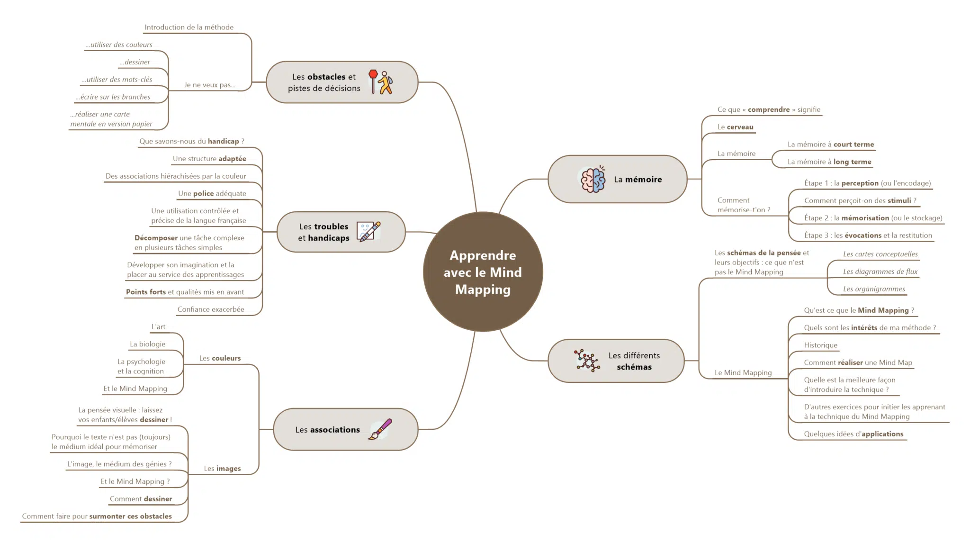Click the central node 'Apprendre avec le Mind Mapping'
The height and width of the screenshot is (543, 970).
pos(483,272)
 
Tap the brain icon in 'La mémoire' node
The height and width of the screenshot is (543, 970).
pos(593,180)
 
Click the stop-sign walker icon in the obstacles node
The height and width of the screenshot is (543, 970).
pos(381,82)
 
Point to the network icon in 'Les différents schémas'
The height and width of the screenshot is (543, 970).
pos(587,361)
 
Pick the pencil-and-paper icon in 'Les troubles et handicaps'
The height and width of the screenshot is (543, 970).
pos(368,232)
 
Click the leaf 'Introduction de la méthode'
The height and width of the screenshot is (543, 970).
pos(189,27)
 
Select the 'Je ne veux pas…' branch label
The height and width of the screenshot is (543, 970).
pos(210,85)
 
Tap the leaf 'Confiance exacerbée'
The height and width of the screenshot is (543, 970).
pos(211,309)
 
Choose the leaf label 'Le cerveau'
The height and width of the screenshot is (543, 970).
pos(735,127)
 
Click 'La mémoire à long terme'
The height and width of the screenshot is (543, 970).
pos(829,162)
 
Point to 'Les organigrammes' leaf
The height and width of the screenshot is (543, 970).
pos(873,289)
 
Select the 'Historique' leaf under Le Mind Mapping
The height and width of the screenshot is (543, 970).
pos(820,345)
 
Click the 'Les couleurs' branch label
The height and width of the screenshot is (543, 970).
pos(220,358)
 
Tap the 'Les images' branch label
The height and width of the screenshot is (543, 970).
pos(222,469)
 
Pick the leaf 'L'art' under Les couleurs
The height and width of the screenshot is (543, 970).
pos(158,327)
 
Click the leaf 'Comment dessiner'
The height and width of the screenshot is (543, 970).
pos(141,499)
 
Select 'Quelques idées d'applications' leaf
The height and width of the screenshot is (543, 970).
pos(853,434)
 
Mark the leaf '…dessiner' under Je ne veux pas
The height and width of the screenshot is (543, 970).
pos(135,62)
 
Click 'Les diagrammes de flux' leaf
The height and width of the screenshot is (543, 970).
pos(880,271)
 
